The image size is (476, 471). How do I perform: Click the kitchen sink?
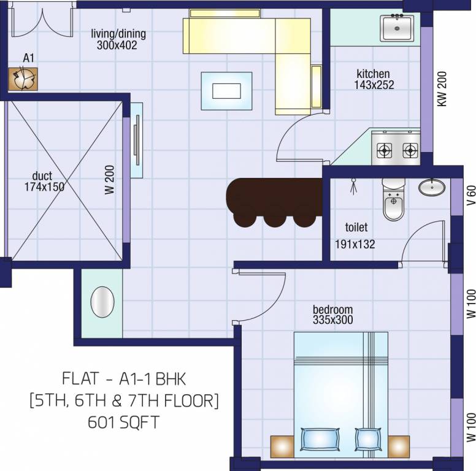(397, 28)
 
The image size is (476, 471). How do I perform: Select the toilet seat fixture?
(394, 200)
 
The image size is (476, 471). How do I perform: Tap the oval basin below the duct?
(102, 302)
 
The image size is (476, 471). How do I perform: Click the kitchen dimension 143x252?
(374, 85)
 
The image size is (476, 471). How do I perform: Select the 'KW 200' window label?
(442, 89)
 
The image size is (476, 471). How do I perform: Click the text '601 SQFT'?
(124, 423)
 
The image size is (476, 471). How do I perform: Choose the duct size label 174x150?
(44, 187)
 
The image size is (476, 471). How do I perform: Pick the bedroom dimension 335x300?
(332, 320)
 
